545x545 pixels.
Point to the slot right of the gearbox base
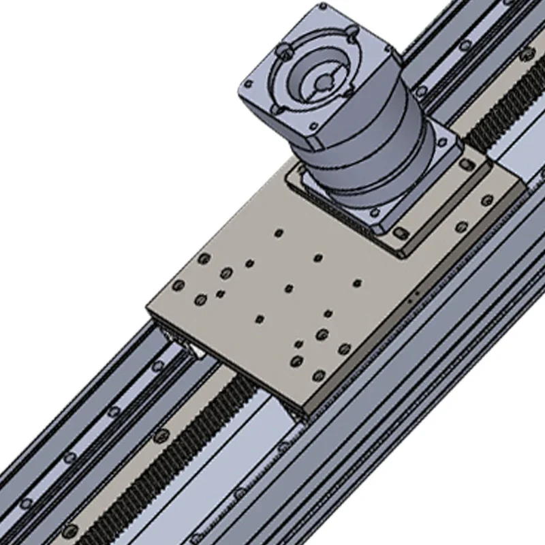466,165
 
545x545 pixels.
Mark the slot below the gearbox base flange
401,234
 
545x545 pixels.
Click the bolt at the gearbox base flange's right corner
487,200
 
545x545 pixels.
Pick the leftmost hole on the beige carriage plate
179,285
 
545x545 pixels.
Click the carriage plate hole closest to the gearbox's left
278,233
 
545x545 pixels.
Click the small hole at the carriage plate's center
289,287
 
